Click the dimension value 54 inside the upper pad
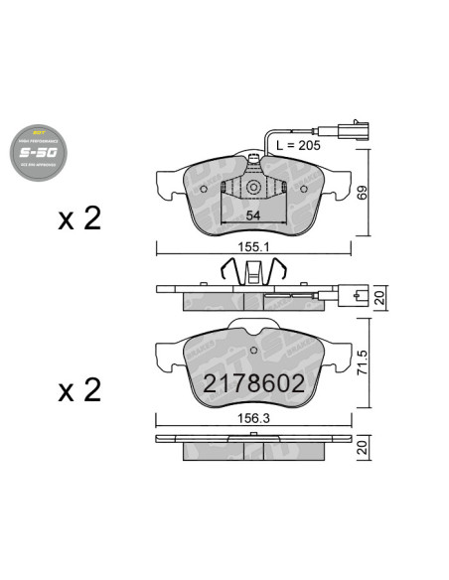point(252,217)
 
